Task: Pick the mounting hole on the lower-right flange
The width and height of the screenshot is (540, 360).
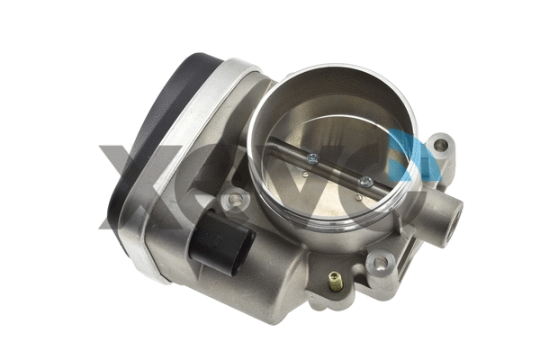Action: coord(380,264)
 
